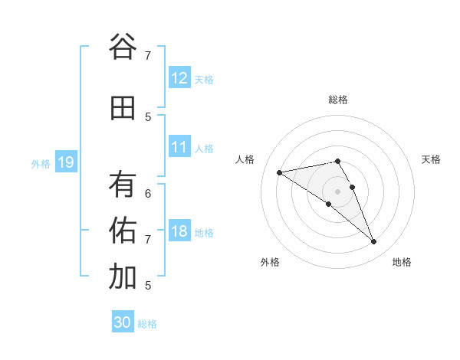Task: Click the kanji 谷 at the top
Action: click(x=123, y=47)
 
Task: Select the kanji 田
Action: click(x=123, y=108)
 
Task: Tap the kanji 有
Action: click(x=123, y=184)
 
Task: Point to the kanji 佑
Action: click(x=123, y=230)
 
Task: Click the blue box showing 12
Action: click(x=179, y=78)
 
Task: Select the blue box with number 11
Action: click(x=179, y=147)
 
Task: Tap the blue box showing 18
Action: click(x=179, y=231)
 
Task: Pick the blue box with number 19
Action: click(x=65, y=162)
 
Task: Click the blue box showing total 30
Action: click(x=123, y=322)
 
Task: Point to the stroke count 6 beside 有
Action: click(x=148, y=193)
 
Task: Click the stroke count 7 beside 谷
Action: click(x=148, y=55)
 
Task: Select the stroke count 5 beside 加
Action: click(x=148, y=285)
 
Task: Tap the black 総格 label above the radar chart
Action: click(x=337, y=100)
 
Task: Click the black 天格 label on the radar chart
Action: click(x=431, y=159)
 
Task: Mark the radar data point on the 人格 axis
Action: click(x=280, y=172)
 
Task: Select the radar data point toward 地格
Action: click(x=374, y=242)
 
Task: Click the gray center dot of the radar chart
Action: click(x=337, y=191)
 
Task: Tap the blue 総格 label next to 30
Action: click(x=147, y=324)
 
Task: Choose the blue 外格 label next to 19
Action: click(x=41, y=163)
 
